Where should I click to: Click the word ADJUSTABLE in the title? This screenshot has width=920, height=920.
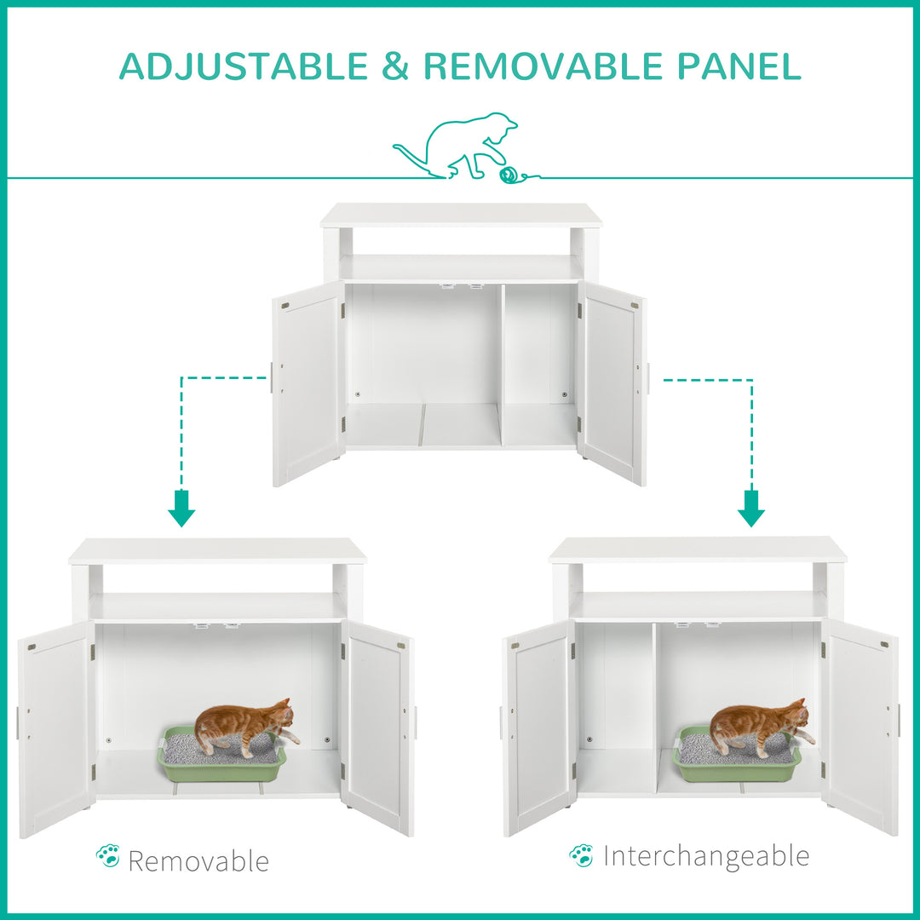coord(243,66)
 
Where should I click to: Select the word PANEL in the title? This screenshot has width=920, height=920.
coord(747,66)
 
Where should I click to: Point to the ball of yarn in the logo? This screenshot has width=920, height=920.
coord(509,174)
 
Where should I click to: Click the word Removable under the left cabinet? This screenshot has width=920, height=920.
coord(198,861)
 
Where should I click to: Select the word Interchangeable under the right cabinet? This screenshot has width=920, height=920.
coord(706,856)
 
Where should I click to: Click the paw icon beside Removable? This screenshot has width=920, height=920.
coord(108,856)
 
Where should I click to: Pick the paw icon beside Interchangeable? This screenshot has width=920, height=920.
coord(582,854)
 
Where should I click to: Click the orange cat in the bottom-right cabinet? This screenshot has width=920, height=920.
coord(759,724)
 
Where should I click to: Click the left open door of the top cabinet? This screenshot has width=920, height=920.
coord(308,383)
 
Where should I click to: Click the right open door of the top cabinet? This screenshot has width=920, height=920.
coord(612,383)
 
